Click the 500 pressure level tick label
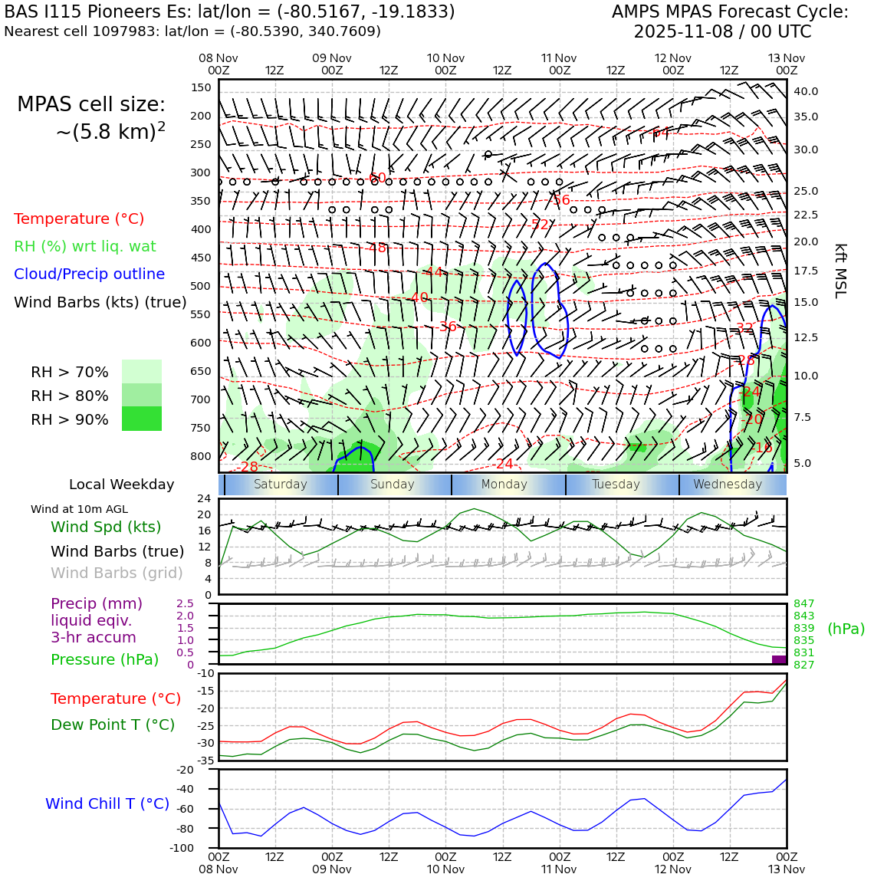point(200,286)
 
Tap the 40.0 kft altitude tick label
point(805,91)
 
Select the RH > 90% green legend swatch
point(142,419)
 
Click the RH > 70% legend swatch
point(142,372)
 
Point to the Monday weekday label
point(504,485)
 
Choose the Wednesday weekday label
point(728,485)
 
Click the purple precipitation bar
point(779,659)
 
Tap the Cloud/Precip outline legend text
point(89,274)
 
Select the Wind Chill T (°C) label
point(107,803)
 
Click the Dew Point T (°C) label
point(113,724)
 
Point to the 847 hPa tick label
point(803,604)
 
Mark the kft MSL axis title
point(840,271)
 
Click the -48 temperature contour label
point(376,248)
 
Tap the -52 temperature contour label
point(540,225)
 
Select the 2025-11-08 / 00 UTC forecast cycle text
point(722,32)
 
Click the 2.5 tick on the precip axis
point(185,604)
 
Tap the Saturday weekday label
point(280,485)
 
